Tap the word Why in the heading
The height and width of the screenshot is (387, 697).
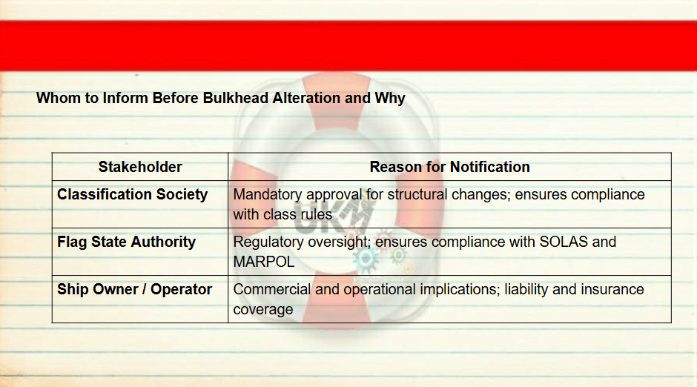click(390, 98)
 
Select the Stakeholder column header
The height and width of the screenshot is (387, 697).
click(140, 167)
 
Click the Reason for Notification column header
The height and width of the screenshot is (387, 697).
click(450, 167)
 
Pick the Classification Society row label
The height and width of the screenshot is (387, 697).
click(133, 194)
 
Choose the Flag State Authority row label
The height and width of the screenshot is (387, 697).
click(127, 242)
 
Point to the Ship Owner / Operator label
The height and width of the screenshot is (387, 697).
click(135, 289)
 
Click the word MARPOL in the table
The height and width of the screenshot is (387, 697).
click(263, 262)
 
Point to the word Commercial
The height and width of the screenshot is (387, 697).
click(272, 289)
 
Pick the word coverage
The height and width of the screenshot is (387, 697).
click(263, 310)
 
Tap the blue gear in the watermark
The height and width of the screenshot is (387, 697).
click(366, 258)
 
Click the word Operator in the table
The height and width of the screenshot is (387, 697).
click(182, 290)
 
